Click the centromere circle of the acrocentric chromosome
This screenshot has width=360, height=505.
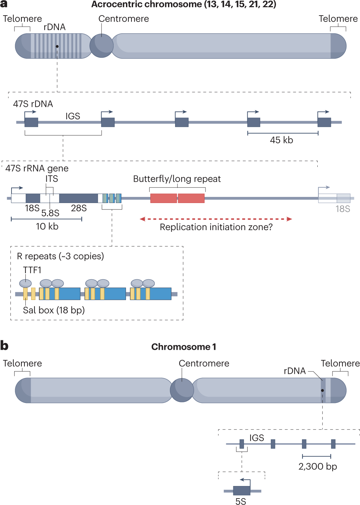101,46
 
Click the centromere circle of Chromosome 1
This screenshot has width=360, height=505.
182,390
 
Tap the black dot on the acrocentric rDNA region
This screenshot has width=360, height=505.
57,46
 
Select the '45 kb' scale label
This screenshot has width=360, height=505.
281,140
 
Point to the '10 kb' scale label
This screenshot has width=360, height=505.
47,226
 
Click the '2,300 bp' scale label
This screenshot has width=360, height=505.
318,466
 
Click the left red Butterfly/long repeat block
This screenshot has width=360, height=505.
164,198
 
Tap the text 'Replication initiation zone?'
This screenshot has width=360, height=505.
216,227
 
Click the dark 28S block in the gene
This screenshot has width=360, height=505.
79,198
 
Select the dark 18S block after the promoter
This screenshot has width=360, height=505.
33,198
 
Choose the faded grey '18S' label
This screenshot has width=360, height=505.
343,209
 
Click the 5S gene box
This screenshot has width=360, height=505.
242,490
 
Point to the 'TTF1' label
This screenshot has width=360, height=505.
32,270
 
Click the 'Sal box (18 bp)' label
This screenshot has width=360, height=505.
54,310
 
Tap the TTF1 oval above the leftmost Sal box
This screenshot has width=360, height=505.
25,283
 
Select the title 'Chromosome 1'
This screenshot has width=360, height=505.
184,347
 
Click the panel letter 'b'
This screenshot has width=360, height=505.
4,346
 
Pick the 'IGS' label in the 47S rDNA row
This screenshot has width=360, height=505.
73,116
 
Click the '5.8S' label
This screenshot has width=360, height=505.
50,213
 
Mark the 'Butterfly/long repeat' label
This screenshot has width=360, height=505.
177,179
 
